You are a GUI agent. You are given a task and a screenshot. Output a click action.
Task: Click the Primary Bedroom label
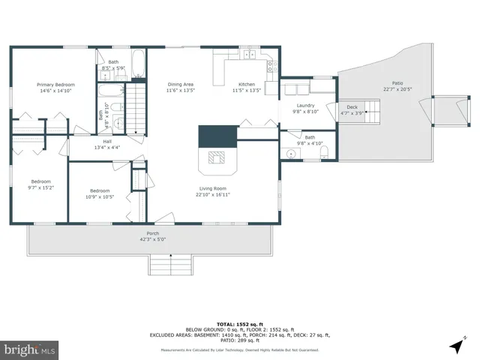click(x=56, y=85)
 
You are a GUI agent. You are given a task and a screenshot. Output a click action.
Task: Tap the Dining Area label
click(x=180, y=84)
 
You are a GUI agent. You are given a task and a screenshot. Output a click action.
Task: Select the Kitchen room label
click(x=247, y=84)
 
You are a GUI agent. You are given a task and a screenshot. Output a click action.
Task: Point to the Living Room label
click(x=214, y=188)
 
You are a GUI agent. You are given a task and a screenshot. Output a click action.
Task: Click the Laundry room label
click(x=304, y=106)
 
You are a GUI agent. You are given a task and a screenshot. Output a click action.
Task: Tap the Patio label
click(x=397, y=83)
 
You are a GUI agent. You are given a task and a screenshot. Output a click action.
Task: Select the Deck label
click(x=352, y=107)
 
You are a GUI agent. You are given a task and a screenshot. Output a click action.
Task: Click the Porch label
click(x=153, y=233)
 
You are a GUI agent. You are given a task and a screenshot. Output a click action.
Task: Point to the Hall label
click(x=107, y=141)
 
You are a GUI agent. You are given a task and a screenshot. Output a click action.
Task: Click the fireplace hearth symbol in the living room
click(x=215, y=157)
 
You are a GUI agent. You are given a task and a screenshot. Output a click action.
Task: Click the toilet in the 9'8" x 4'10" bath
click(x=323, y=153)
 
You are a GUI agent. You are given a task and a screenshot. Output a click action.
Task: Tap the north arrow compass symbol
click(x=456, y=346)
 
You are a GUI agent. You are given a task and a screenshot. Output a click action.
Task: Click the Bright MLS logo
click(x=30, y=349)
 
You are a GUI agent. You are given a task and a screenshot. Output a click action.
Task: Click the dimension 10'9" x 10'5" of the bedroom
click(x=100, y=197)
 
